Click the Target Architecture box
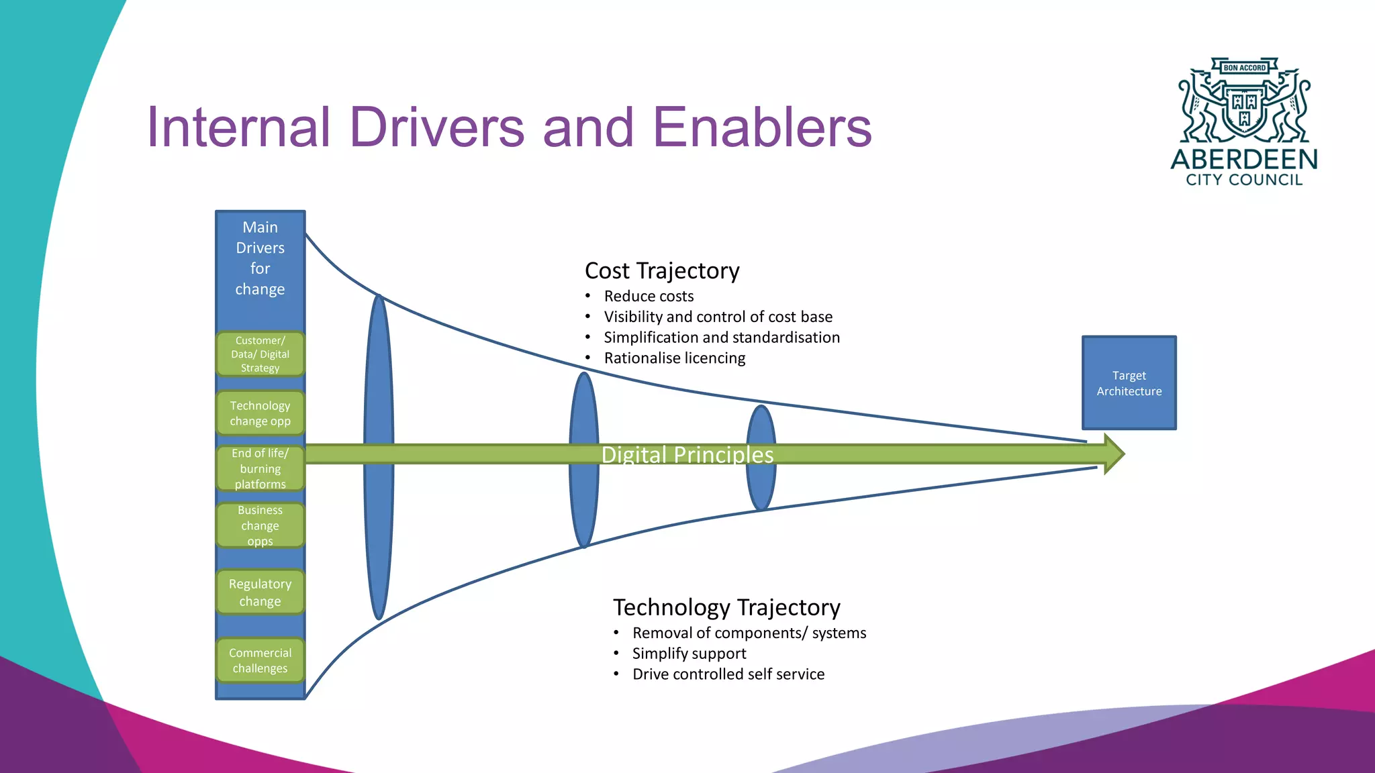(x=1129, y=382)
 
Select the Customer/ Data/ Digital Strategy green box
(x=260, y=354)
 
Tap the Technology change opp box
(x=260, y=413)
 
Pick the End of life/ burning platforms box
(x=260, y=468)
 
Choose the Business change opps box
(x=260, y=525)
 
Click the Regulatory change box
(x=260, y=592)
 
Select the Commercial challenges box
(x=260, y=660)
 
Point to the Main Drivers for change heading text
(x=260, y=258)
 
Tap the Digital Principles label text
(x=687, y=455)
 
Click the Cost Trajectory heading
(x=661, y=270)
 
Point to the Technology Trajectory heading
(x=726, y=607)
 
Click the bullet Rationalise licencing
(x=674, y=358)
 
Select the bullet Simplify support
(x=689, y=654)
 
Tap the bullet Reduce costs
(x=649, y=297)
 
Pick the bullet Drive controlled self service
(x=728, y=674)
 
